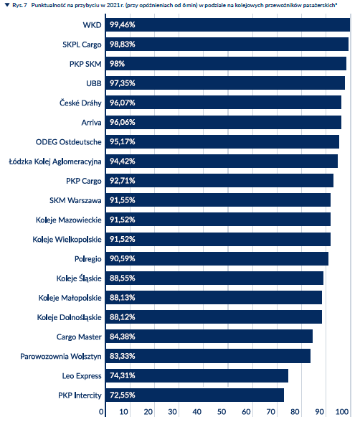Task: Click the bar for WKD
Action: click(228, 25)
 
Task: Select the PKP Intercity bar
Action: click(195, 395)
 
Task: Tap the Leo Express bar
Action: click(197, 376)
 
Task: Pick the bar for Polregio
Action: click(217, 258)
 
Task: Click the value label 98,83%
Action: click(123, 44)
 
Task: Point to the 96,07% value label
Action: click(123, 103)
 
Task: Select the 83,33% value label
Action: click(123, 356)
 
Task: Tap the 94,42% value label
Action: click(123, 161)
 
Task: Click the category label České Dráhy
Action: click(80, 103)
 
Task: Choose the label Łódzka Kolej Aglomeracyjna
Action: click(55, 161)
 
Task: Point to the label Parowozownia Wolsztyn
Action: click(61, 357)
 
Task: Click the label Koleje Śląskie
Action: click(79, 278)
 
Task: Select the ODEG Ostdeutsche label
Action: click(69, 142)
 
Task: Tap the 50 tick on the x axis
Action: click(222, 411)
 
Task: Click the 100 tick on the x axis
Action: click(342, 411)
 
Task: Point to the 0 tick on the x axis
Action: click(101, 411)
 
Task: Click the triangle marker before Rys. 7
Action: click(7, 5)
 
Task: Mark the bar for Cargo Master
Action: click(209, 337)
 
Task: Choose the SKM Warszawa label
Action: click(75, 200)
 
